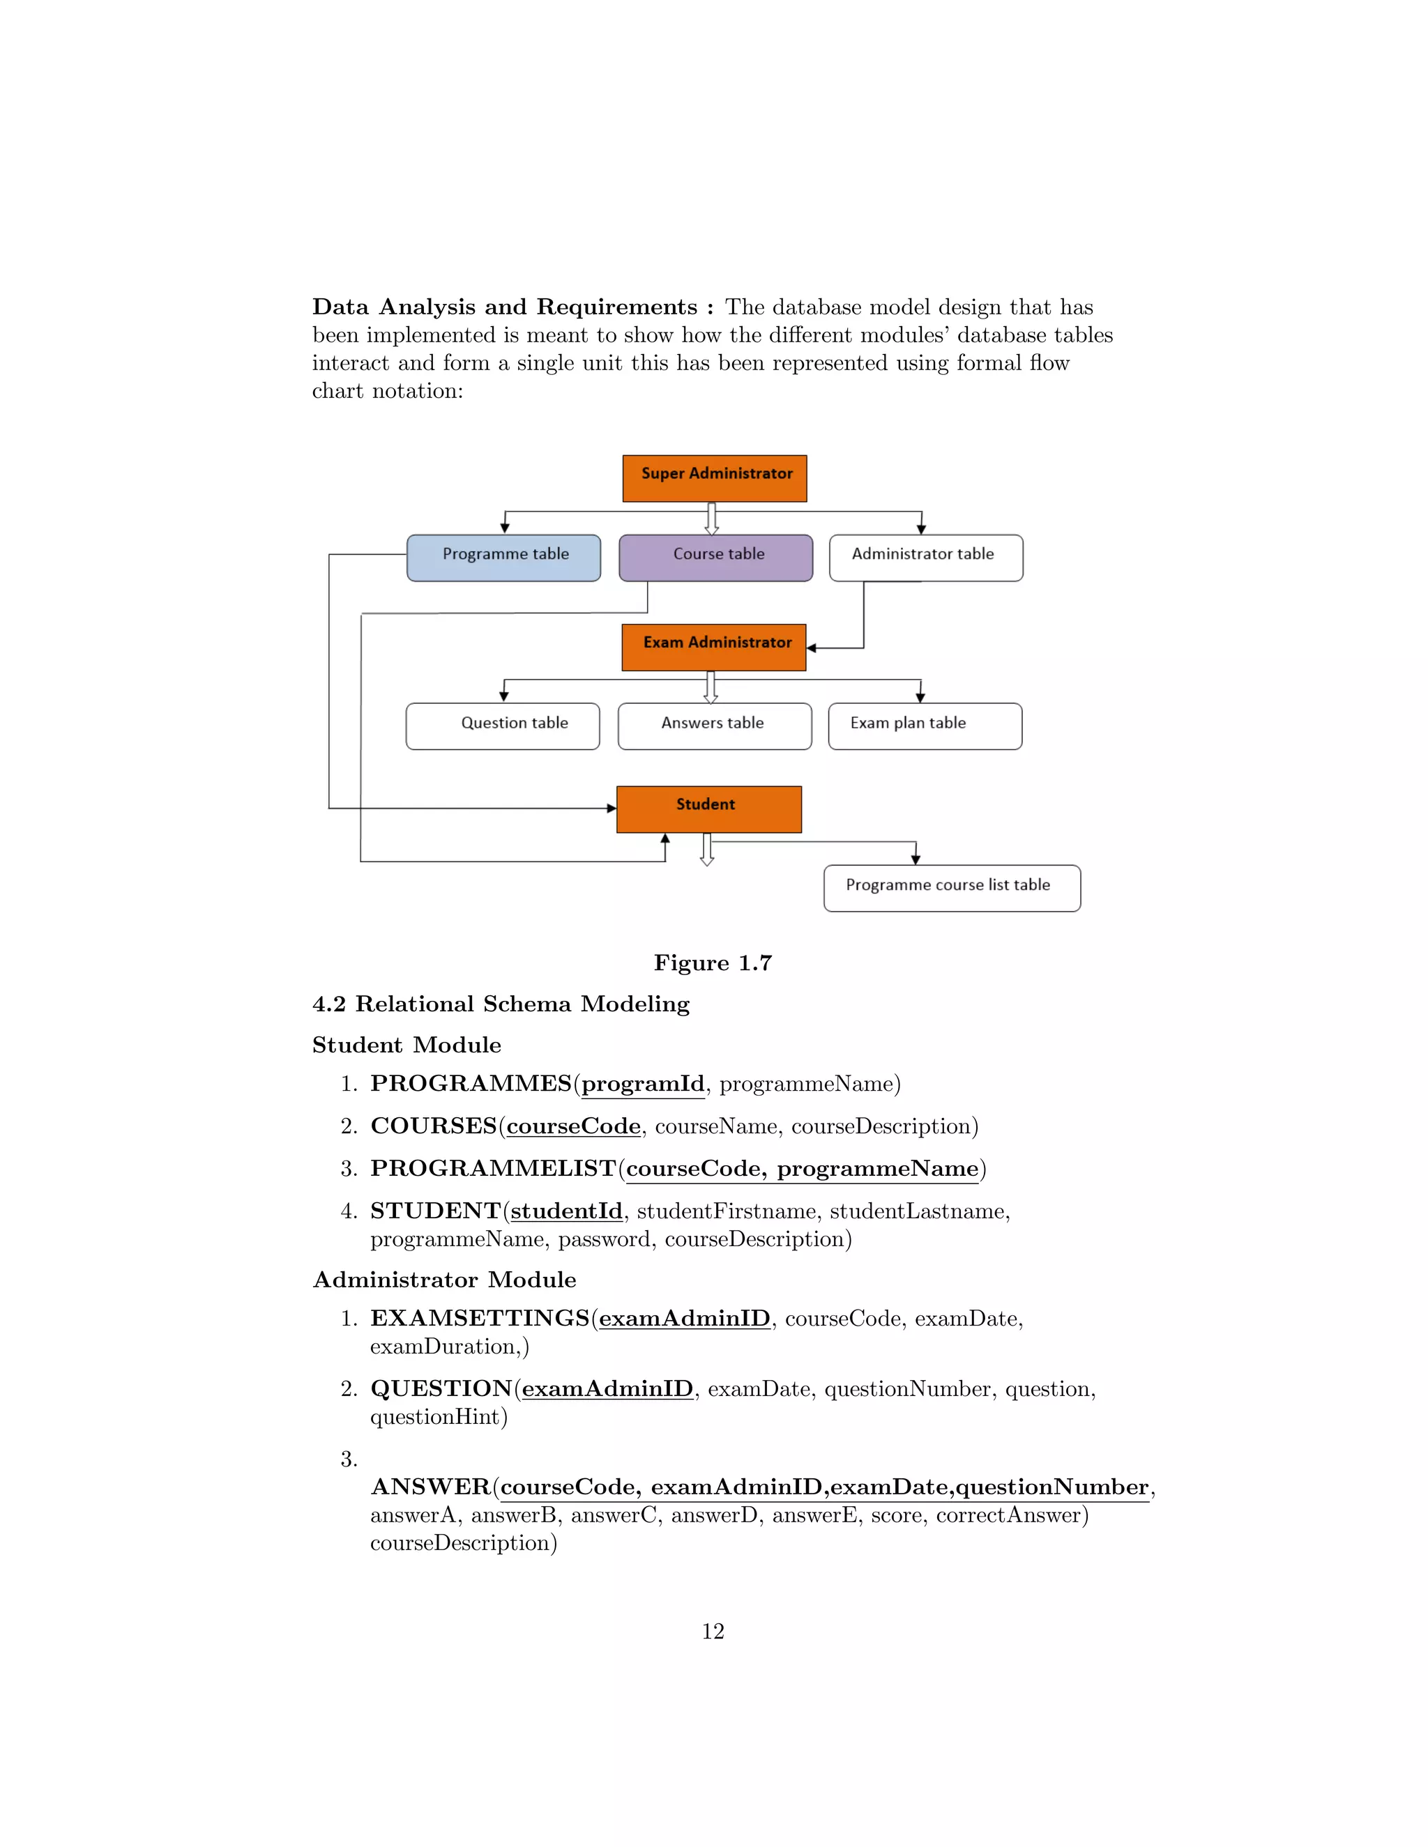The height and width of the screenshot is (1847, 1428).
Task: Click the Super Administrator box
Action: [x=715, y=478]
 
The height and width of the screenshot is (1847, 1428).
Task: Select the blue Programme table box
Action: [x=504, y=558]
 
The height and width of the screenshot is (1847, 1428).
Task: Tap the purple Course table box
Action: [x=715, y=558]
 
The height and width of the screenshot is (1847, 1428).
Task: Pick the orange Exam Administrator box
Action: [x=714, y=647]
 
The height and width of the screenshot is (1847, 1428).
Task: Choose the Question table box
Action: [x=503, y=726]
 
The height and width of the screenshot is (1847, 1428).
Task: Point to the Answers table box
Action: [x=715, y=726]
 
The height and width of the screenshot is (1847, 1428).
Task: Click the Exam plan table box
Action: [x=925, y=726]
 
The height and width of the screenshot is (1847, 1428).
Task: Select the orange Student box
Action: [x=709, y=808]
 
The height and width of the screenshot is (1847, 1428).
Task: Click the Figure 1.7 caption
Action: [x=713, y=963]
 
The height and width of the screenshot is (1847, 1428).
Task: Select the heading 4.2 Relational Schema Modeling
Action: [x=501, y=1004]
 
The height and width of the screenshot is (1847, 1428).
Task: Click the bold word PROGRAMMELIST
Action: [x=493, y=1168]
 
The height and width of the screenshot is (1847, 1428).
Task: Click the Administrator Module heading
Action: [x=444, y=1280]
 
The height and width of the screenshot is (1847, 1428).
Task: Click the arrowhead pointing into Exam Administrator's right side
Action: [x=812, y=649]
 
